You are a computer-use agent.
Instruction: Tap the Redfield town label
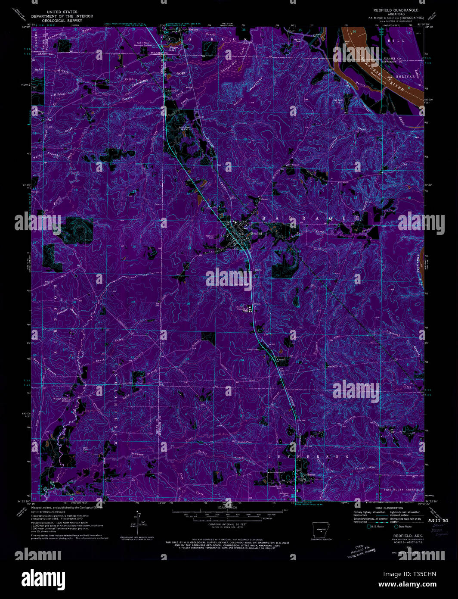257,233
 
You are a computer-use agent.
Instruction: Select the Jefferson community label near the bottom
309,474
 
